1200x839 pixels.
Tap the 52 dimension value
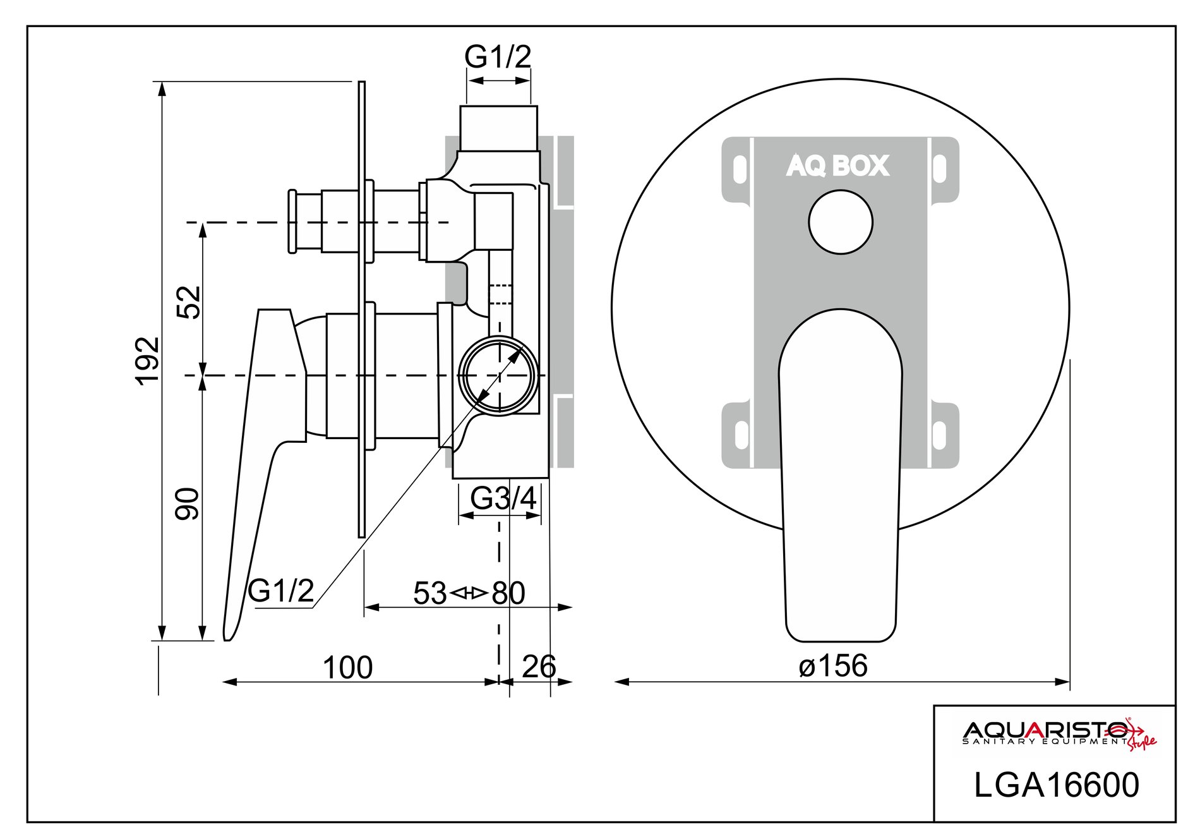(188, 302)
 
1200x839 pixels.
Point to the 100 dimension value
(347, 668)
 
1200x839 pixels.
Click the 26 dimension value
(539, 667)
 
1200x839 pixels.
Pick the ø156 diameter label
(833, 666)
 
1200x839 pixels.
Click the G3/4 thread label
(503, 499)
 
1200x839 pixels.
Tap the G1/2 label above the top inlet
(498, 57)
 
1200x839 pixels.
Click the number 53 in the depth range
(430, 593)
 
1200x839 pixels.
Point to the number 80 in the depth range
(508, 593)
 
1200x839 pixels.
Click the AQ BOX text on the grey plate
(837, 166)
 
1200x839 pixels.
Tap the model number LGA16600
(1056, 785)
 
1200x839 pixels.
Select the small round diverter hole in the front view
(841, 222)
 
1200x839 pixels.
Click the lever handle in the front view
(840, 480)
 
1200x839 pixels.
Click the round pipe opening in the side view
(499, 376)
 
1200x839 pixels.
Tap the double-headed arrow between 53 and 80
(469, 593)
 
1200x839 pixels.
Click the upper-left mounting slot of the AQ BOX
(739, 169)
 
